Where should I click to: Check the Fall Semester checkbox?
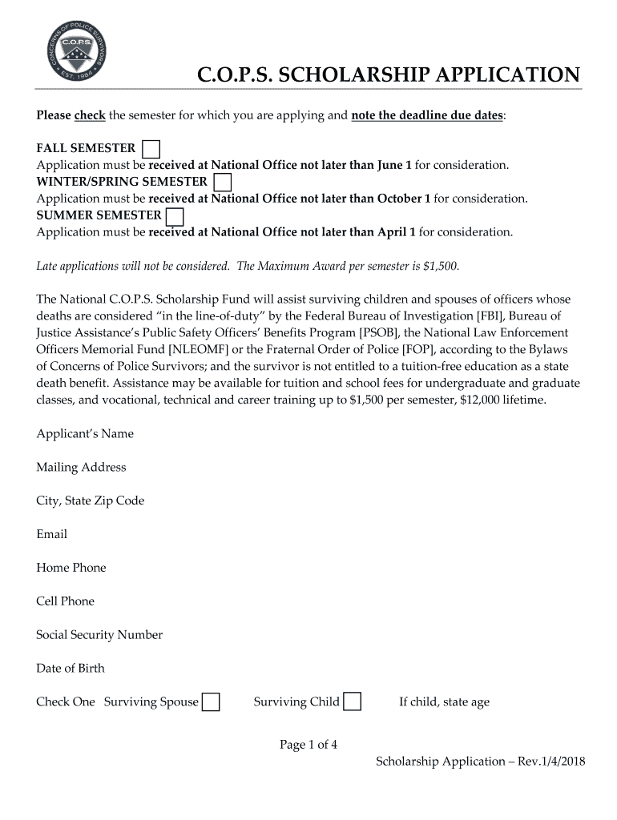click(151, 149)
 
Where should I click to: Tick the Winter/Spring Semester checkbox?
click(223, 183)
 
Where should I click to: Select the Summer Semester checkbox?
click(174, 216)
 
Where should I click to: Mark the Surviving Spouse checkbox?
click(211, 702)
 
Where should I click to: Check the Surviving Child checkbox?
click(352, 702)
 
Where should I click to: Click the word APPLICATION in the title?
click(502, 75)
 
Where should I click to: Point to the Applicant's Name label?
click(85, 434)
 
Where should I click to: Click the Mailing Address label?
click(81, 468)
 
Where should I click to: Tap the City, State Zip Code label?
click(91, 501)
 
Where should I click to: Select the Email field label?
click(52, 534)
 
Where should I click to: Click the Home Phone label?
click(71, 568)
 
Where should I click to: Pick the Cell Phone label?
click(65, 601)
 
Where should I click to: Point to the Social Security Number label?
click(99, 635)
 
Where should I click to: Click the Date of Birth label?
click(71, 669)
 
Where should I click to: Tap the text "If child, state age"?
click(444, 702)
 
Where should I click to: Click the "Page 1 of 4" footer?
click(308, 746)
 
